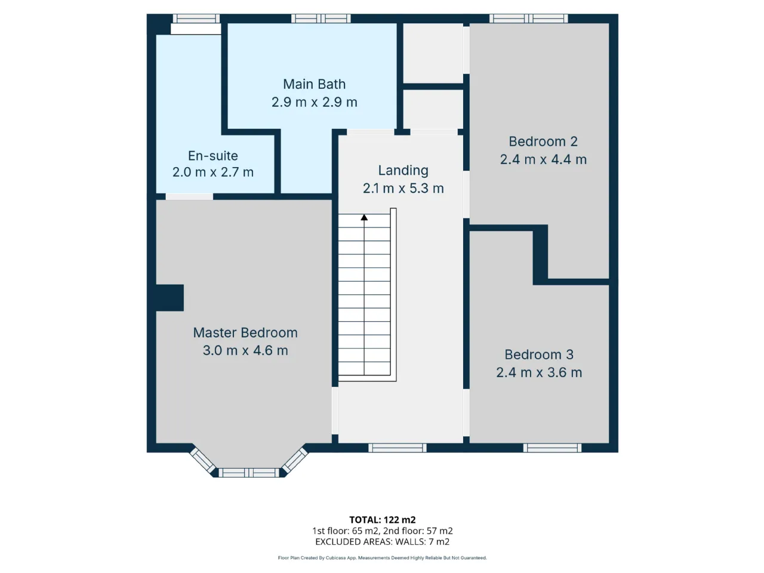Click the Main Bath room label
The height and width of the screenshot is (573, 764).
click(314, 84)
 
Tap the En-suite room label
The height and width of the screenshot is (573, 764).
click(212, 156)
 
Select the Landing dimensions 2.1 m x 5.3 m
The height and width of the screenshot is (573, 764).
click(403, 188)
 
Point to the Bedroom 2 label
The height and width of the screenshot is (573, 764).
click(543, 141)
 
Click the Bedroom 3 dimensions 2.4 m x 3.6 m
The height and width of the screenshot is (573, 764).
click(539, 372)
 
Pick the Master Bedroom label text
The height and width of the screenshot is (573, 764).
click(245, 332)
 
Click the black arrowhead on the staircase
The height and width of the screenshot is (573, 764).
click(364, 217)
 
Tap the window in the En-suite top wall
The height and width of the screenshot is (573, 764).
click(196, 19)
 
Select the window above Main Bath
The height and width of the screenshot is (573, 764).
click(321, 19)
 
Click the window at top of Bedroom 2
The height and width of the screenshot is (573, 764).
click(529, 19)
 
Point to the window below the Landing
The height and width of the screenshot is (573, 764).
click(398, 448)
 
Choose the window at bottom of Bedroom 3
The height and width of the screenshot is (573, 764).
click(552, 448)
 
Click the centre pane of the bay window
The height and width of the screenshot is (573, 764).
click(249, 473)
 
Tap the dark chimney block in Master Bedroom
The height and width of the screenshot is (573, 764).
click(170, 298)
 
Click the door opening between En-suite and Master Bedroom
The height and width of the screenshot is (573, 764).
click(189, 196)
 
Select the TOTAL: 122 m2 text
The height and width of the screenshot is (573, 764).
click(382, 520)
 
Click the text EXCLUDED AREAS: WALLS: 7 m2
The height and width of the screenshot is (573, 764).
click(382, 542)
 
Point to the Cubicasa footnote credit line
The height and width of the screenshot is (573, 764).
click(382, 557)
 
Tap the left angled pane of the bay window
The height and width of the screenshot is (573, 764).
click(202, 460)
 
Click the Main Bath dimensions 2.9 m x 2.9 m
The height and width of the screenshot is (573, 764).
click(314, 102)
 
